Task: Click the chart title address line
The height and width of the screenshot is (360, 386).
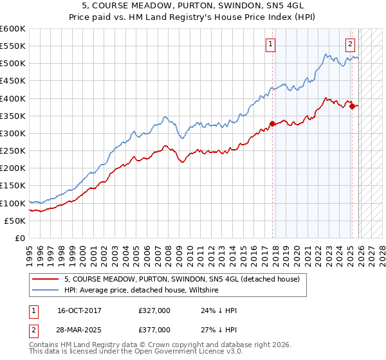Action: (x=193, y=5)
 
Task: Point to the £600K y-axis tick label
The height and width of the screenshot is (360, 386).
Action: (x=13, y=29)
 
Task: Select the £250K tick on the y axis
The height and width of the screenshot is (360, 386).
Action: (x=13, y=150)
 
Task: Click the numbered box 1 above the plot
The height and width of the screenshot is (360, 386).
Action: (x=270, y=44)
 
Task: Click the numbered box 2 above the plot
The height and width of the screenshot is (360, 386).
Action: (x=350, y=44)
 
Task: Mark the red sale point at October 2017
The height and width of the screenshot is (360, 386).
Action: (x=272, y=123)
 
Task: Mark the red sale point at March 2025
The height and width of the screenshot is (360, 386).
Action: (x=352, y=106)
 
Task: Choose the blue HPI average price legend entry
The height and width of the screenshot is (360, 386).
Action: (x=142, y=291)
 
